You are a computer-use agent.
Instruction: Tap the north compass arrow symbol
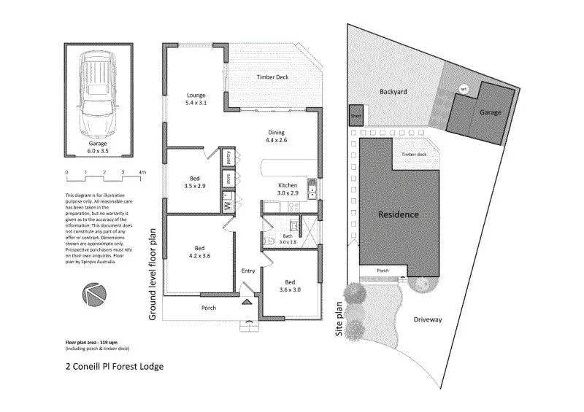pyautogui.click(x=94, y=295)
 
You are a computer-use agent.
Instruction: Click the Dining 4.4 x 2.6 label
pyautogui.click(x=276, y=136)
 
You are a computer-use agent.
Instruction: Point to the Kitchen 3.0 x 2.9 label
pyautogui.click(x=287, y=190)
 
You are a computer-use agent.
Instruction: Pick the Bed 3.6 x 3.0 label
pyautogui.click(x=290, y=285)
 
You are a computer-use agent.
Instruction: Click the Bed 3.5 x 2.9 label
pyautogui.click(x=194, y=181)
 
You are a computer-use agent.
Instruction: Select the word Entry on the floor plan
pyautogui.click(x=249, y=271)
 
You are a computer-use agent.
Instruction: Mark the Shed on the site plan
pyautogui.click(x=356, y=115)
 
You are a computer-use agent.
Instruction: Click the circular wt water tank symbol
pyautogui.click(x=462, y=89)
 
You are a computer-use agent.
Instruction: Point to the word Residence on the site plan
pyautogui.click(x=398, y=214)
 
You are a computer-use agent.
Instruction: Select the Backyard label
pyautogui.click(x=393, y=93)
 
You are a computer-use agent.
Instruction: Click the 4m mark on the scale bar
pyautogui.click(x=142, y=172)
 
